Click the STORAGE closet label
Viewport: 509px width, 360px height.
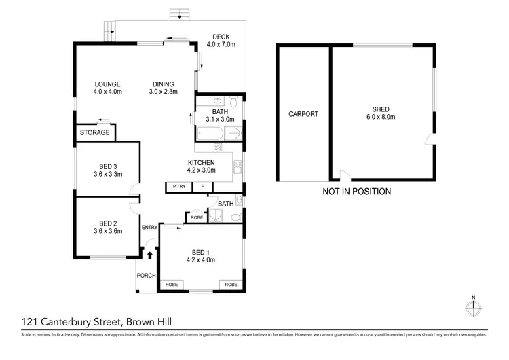pyautogui.click(x=94, y=132)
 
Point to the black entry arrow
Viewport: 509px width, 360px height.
pyautogui.click(x=150, y=255)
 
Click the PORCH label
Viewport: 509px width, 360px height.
pyautogui.click(x=147, y=275)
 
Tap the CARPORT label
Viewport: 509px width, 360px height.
pyautogui.click(x=303, y=114)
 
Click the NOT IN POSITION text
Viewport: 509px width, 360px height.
pyautogui.click(x=356, y=192)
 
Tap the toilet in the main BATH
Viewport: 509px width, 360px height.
pyautogui.click(x=232, y=103)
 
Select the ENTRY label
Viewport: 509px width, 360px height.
pyautogui.click(x=149, y=227)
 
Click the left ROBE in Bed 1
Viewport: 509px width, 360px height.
pyautogui.click(x=172, y=285)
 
